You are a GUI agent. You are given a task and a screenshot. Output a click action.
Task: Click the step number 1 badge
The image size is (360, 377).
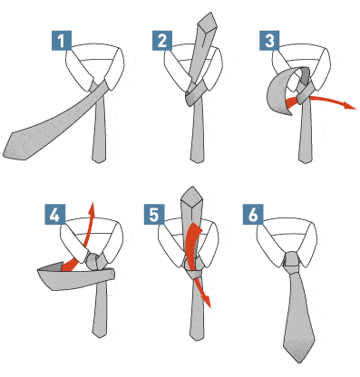[x=62, y=41]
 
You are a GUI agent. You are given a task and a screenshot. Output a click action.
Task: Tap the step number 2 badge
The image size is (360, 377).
[x=162, y=41]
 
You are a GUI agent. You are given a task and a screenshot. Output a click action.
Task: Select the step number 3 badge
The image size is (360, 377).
[x=269, y=41]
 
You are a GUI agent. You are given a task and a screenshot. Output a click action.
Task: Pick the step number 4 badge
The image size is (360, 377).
[x=55, y=214]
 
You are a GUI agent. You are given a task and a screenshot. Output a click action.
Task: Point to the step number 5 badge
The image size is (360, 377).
[x=154, y=214]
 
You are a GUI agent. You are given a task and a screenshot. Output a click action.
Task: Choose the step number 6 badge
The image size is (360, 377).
[x=253, y=214]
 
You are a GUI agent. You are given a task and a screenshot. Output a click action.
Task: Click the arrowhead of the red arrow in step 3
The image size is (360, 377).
[x=351, y=105]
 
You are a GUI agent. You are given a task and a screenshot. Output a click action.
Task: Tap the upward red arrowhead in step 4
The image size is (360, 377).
[x=92, y=208]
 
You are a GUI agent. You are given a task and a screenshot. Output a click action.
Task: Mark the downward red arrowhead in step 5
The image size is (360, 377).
[x=207, y=302]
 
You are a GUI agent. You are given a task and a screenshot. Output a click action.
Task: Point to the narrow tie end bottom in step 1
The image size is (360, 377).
[x=99, y=160]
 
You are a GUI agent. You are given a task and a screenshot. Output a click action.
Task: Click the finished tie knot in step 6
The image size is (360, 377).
[x=292, y=262]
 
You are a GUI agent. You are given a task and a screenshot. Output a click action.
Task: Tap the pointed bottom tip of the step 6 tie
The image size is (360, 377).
[x=298, y=362]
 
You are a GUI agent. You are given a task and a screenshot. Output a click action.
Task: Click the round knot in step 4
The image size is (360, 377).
[x=92, y=261]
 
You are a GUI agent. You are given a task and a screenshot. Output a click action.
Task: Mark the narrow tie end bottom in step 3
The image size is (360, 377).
[x=306, y=160]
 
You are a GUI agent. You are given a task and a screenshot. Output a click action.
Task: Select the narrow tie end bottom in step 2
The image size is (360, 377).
[x=198, y=160]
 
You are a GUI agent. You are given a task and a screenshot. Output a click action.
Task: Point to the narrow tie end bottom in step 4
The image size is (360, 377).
[x=100, y=335]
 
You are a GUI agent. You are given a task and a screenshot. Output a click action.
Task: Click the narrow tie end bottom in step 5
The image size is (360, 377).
[x=198, y=338]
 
